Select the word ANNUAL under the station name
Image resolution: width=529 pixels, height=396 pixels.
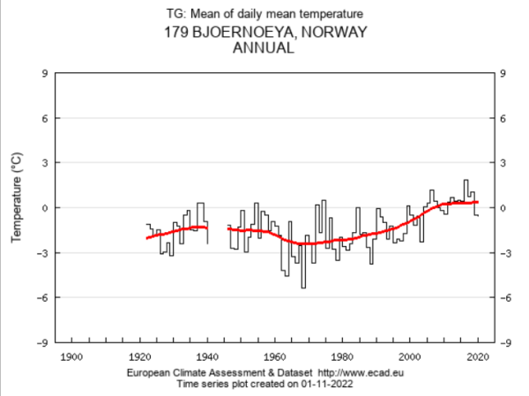pos(262,49)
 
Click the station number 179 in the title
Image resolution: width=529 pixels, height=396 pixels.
pos(176,34)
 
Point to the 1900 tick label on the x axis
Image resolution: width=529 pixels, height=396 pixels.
pos(71,356)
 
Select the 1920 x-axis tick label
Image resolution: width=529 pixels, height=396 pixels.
pos(139,356)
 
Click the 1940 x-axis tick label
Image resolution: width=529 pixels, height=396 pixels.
pos(207,356)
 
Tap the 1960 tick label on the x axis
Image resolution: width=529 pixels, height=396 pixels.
pos(274,356)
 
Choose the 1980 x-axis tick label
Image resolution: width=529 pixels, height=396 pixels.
pos(342,356)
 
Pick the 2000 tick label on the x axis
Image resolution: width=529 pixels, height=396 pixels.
pos(410,356)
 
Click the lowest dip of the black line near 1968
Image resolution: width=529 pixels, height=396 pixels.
pos(303,288)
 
